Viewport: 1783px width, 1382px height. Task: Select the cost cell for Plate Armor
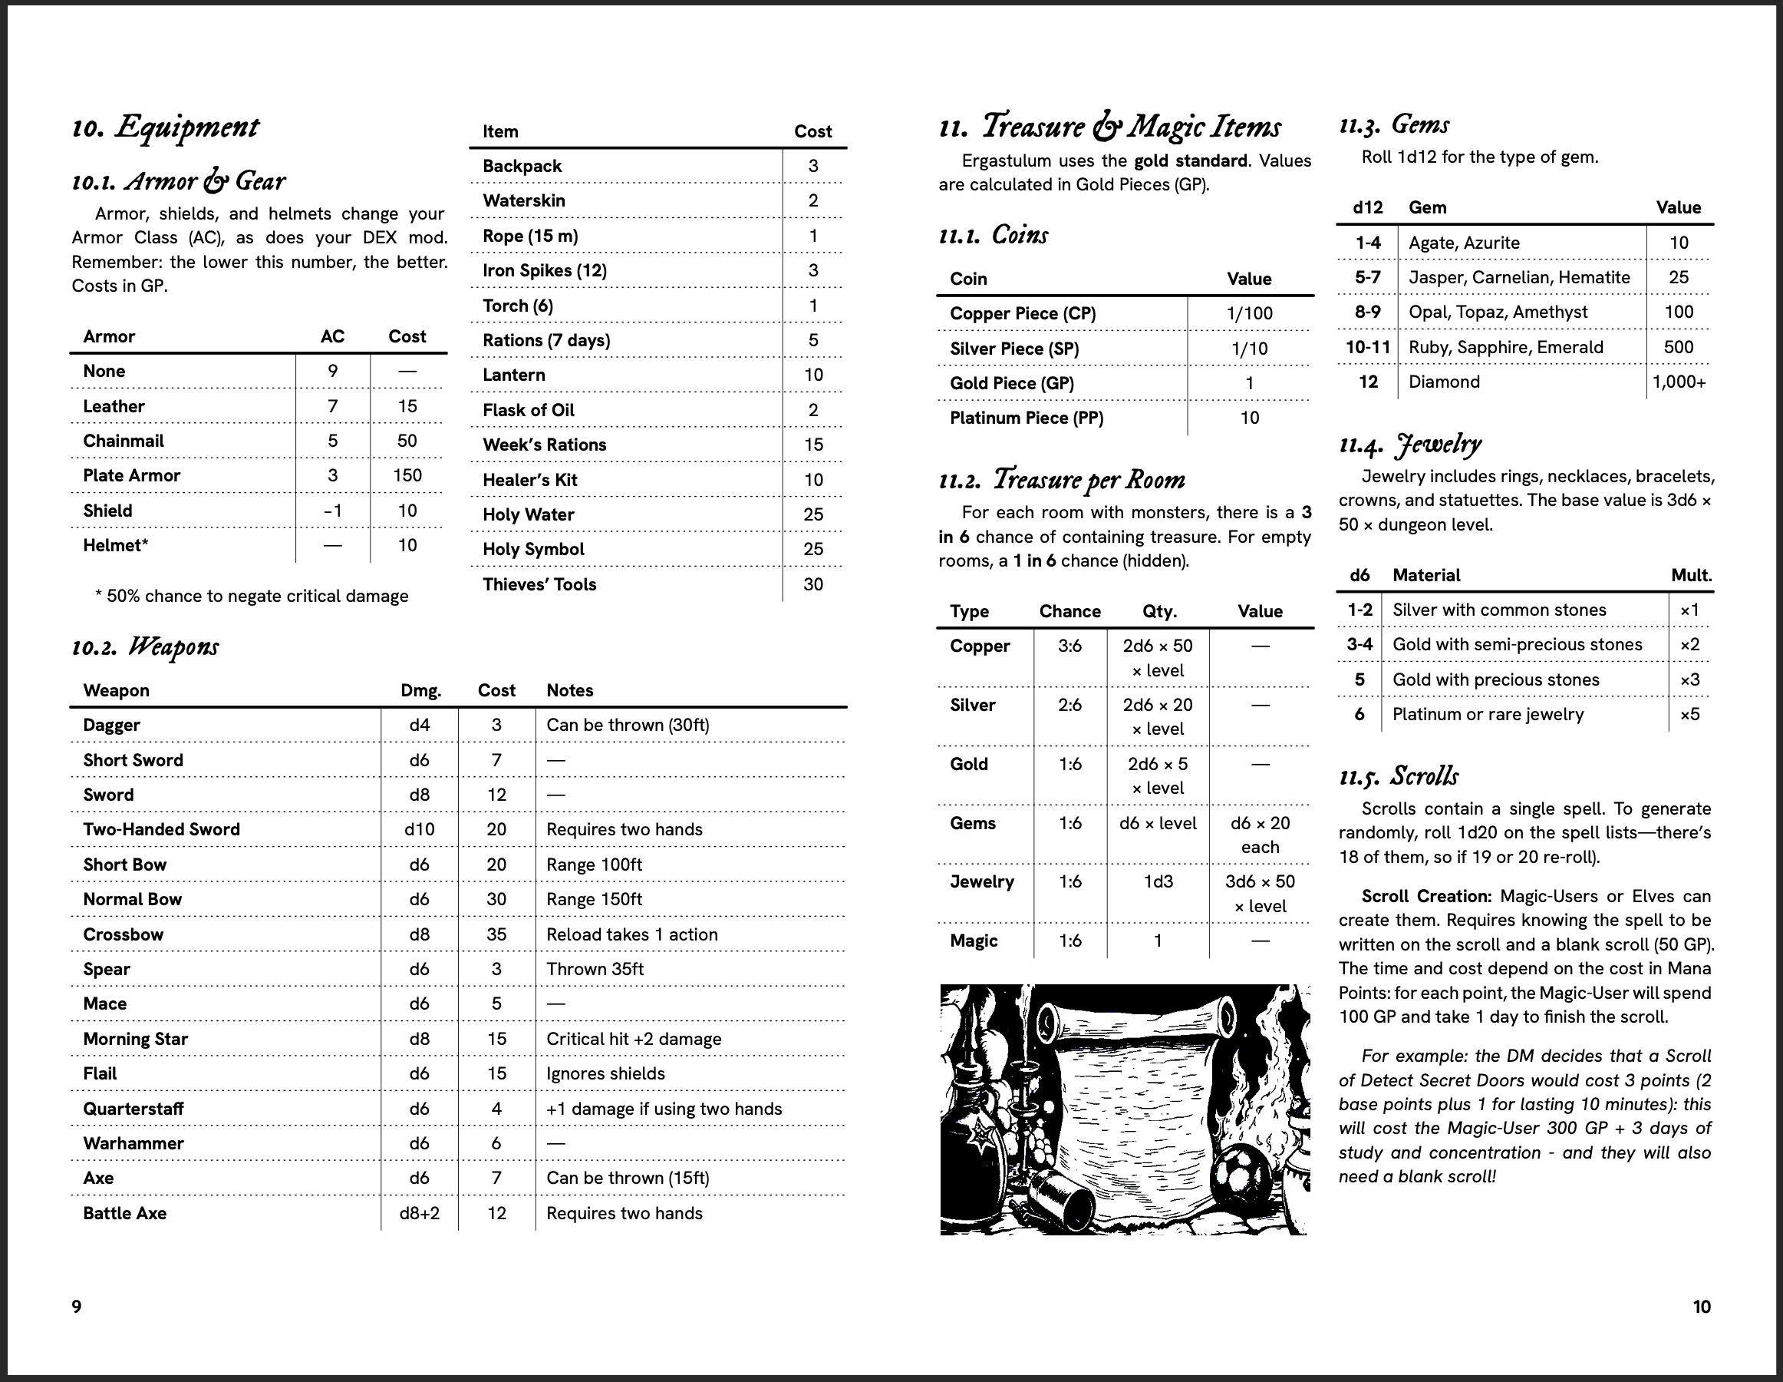pos(407,475)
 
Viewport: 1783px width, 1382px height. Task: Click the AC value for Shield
pos(332,511)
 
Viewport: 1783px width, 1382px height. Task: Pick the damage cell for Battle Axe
pos(419,1213)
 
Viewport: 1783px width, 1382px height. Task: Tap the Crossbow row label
pos(124,934)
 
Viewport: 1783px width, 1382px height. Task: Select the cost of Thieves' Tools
pos(812,584)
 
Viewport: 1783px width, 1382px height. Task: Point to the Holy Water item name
pos(528,514)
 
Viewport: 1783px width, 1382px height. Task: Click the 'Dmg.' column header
pos(420,690)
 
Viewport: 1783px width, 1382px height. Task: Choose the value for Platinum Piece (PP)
pos(1249,418)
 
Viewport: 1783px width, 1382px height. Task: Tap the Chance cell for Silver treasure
pos(1069,705)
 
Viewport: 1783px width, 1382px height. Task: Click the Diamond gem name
pos(1443,382)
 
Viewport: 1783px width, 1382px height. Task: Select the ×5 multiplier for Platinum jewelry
pos(1689,714)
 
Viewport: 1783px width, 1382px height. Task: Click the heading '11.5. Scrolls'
pos(1399,775)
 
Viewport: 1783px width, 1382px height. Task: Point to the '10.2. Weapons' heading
pos(145,647)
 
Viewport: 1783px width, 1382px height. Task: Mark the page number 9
pos(77,1306)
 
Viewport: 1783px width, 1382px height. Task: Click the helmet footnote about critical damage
pos(252,597)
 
